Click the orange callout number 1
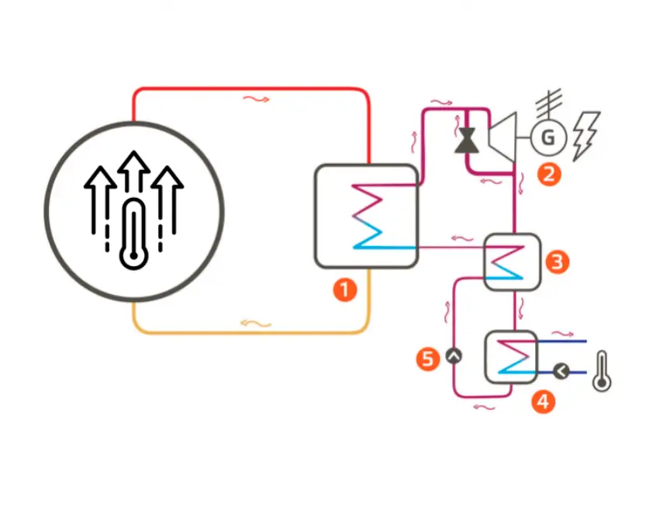coord(344,290)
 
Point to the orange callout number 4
coord(544,401)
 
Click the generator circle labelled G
coord(548,138)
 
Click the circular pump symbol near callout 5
coord(454,357)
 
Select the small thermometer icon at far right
coord(601,371)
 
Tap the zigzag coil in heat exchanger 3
coord(507,264)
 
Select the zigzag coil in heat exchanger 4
coord(510,357)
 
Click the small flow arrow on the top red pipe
coord(257,99)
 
